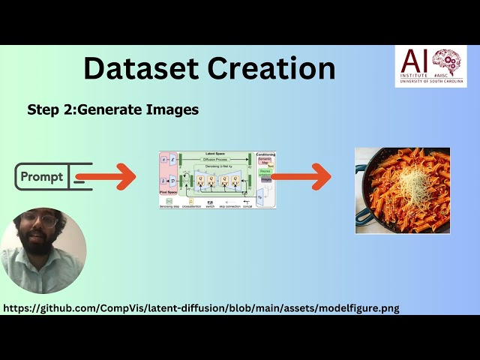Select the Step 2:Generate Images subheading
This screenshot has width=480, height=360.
click(112, 109)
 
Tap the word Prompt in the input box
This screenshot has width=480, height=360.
click(42, 177)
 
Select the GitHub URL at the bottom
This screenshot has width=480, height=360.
click(201, 307)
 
